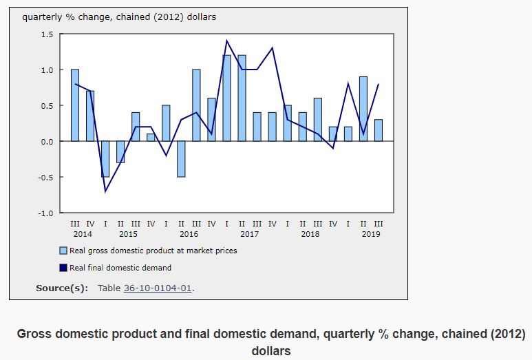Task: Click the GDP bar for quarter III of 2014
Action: (74, 105)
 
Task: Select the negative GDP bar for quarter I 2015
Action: (105, 159)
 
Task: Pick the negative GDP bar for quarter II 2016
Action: (181, 159)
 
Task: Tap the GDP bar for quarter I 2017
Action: (226, 98)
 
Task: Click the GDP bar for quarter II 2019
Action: (363, 109)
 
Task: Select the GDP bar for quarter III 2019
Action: (378, 130)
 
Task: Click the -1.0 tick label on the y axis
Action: (45, 213)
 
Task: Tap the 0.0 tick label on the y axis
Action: (47, 141)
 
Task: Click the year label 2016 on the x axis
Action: (189, 234)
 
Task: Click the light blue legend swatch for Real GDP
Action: (63, 251)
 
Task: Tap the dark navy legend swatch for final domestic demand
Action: (63, 268)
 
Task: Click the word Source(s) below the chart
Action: (61, 288)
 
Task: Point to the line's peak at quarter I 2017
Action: (226, 41)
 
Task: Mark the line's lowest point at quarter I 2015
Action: (105, 191)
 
